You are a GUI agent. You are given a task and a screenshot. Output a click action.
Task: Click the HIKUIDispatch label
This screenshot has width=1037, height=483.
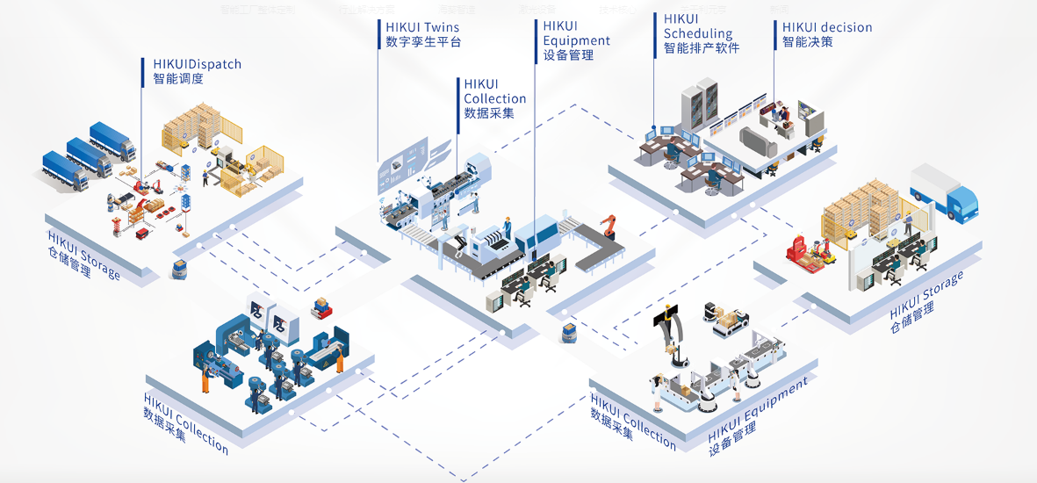[197, 64]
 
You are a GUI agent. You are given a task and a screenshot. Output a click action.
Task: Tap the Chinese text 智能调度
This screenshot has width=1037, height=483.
[178, 78]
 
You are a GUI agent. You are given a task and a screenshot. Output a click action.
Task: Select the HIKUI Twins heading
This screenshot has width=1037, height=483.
[422, 27]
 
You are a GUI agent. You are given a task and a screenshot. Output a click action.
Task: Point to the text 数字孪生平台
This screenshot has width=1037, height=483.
[423, 41]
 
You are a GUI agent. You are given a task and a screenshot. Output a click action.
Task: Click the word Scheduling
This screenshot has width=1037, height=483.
[698, 33]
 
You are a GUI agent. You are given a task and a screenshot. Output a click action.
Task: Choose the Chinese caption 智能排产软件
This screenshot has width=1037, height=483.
[702, 47]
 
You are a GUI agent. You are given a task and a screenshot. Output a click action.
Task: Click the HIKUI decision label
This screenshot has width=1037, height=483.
[827, 27]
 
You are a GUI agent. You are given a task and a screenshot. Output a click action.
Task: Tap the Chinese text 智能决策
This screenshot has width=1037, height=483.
[808, 41]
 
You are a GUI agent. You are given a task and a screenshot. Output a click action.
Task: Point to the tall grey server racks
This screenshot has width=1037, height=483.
[707, 103]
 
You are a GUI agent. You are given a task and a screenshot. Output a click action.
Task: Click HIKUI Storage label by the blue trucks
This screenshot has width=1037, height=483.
[83, 255]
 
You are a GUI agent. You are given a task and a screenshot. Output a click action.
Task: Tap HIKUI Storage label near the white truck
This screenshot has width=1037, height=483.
[925, 294]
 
